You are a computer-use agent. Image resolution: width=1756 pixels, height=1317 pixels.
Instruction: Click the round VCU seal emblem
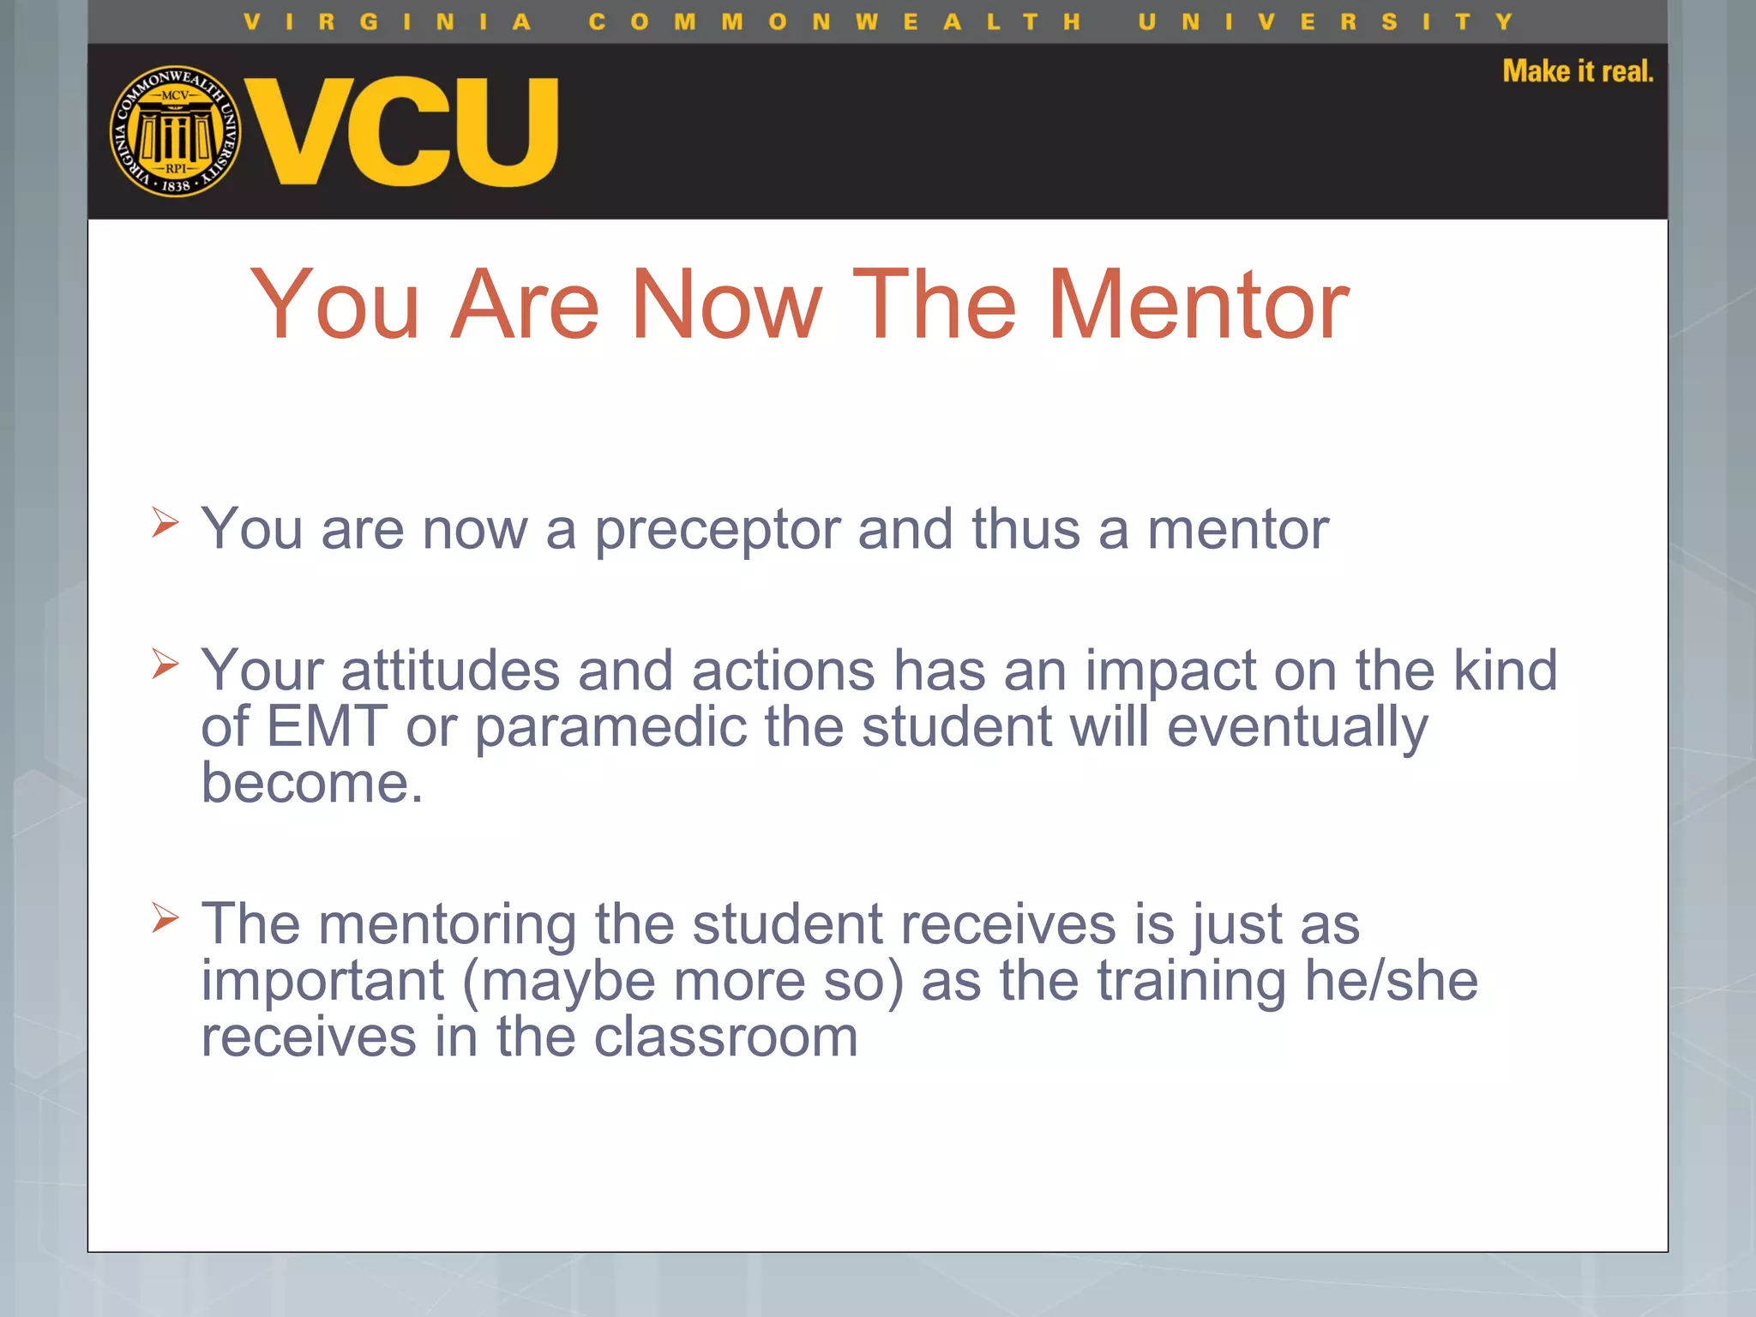tap(176, 131)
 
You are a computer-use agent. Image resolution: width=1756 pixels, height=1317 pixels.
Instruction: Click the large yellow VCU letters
tap(402, 131)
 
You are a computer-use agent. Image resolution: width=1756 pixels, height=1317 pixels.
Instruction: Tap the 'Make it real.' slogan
tap(1578, 71)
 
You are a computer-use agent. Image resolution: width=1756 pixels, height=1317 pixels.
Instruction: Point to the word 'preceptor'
tap(718, 530)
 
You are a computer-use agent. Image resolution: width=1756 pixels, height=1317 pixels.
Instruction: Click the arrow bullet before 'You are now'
tap(165, 521)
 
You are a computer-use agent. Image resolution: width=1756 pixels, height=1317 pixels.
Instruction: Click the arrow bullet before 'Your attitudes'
tap(165, 663)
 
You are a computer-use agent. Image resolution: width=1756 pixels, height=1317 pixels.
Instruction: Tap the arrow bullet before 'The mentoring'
tap(165, 917)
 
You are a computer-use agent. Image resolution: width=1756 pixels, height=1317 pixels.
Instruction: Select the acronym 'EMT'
tap(327, 726)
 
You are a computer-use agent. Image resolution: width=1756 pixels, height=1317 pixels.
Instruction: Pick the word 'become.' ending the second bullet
tap(312, 783)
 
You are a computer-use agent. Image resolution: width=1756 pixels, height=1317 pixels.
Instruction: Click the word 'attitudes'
tap(450, 671)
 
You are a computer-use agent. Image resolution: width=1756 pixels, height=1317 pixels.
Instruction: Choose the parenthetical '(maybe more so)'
tap(683, 982)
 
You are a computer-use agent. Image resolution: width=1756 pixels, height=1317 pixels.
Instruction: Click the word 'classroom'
tap(725, 1037)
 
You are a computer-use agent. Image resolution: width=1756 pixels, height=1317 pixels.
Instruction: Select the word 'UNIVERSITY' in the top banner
tap(1326, 21)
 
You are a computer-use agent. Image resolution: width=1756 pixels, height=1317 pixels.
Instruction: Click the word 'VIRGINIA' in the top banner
tap(388, 21)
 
